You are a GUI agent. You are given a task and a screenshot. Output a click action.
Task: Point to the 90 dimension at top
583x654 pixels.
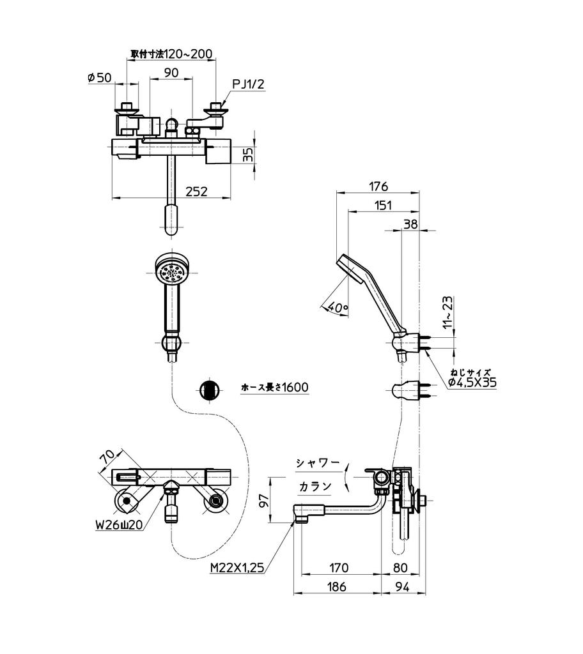point(171,73)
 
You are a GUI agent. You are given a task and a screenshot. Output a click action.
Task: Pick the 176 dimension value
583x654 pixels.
point(379,186)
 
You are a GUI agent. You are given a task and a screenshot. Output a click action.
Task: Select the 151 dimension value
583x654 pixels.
point(384,205)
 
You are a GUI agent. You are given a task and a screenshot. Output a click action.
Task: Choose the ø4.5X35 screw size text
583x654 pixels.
point(472,382)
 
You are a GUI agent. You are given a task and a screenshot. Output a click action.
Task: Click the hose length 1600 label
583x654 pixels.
point(275,388)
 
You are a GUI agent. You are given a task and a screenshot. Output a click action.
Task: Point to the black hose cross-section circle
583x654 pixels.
point(208,389)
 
